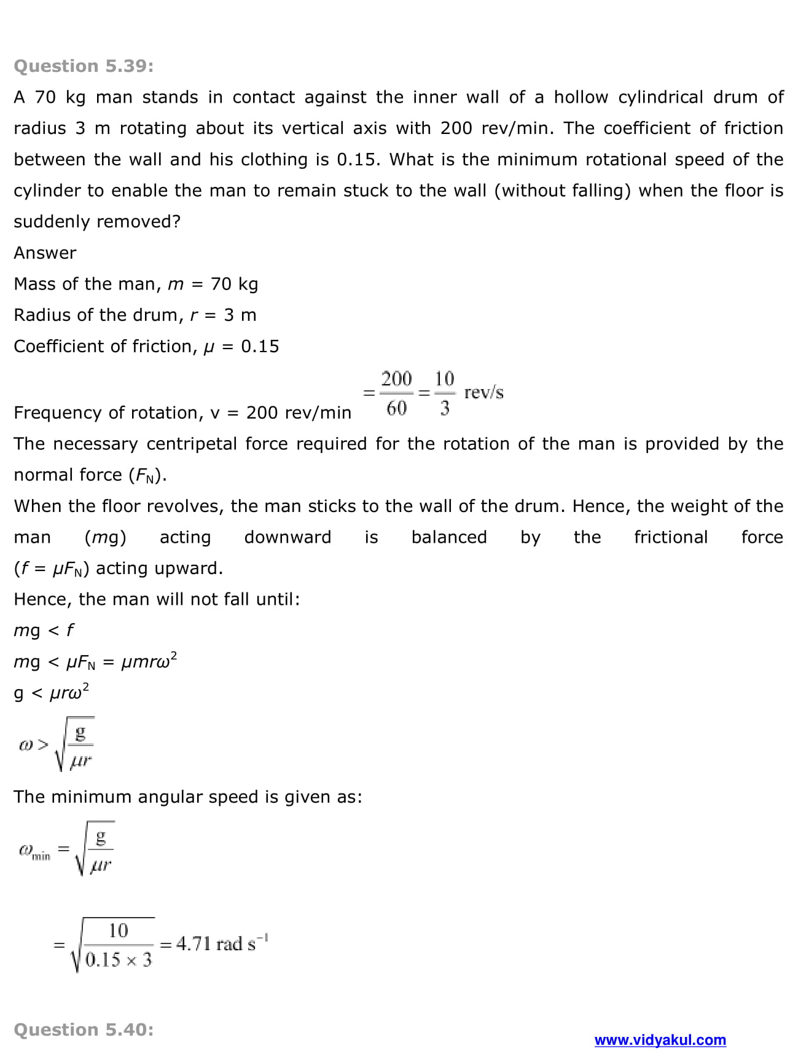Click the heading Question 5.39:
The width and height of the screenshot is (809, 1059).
[x=84, y=66]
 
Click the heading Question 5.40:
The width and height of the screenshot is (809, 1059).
[x=84, y=1029]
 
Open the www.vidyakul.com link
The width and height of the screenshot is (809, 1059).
[x=660, y=1040]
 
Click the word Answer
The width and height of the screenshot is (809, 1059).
[x=45, y=253]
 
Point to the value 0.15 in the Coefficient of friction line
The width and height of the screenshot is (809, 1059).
[x=260, y=346]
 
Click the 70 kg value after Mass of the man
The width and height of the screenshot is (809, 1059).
[x=234, y=284]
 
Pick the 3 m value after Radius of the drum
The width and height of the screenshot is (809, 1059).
[x=240, y=315]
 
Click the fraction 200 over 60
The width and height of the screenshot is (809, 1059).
[x=396, y=393]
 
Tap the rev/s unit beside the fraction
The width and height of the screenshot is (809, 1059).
[x=483, y=392]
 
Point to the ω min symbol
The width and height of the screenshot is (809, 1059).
[x=34, y=851]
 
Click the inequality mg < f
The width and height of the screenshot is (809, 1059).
[x=44, y=630]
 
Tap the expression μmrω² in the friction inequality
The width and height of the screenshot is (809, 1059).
[x=149, y=661]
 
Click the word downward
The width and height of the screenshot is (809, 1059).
[x=287, y=537]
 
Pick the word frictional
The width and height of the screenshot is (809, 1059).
[x=671, y=537]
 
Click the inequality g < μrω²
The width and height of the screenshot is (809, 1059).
[x=51, y=692]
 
